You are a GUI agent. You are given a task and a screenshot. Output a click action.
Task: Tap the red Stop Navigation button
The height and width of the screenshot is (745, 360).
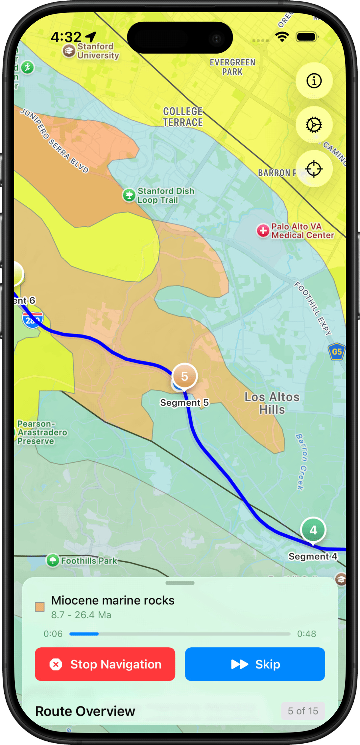pos(105,664)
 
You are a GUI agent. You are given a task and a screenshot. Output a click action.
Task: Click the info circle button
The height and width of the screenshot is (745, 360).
pos(314,81)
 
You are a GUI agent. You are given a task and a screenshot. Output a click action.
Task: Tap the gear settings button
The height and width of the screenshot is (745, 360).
pos(314,125)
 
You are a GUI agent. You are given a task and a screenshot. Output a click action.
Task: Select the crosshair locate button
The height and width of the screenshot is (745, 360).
pos(314,169)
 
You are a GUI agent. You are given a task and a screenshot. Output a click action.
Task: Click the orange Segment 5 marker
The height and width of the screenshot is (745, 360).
pos(185,376)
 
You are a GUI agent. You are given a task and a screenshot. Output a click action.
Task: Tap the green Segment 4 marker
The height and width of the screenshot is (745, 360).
pos(313,530)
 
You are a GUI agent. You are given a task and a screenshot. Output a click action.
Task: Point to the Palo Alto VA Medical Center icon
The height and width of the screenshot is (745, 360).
pos(263,231)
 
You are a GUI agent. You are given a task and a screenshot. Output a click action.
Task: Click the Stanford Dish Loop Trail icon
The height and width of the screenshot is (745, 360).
pos(129,195)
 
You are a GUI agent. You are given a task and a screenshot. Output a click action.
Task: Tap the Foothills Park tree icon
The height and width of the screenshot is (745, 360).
pos(53,561)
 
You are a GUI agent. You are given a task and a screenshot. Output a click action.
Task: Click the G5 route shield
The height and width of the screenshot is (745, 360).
pos(337,352)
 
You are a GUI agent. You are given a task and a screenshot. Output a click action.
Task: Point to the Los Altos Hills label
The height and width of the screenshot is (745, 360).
pos(272,403)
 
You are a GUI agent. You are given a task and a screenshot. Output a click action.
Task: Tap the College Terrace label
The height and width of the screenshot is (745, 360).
pos(183,117)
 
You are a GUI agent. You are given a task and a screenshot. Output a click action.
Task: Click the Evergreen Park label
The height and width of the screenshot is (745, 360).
pos(232,67)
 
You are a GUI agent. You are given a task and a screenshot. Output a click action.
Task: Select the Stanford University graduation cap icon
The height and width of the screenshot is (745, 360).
pos(69,51)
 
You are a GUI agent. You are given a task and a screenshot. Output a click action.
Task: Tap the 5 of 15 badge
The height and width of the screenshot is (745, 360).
pos(303,711)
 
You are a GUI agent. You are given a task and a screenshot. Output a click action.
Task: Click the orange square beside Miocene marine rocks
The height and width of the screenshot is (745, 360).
pos(40,607)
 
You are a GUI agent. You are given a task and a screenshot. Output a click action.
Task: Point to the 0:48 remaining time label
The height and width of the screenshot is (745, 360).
pos(306,634)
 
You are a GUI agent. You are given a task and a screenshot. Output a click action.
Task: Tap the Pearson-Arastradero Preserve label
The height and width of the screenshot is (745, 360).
pos(42,432)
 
